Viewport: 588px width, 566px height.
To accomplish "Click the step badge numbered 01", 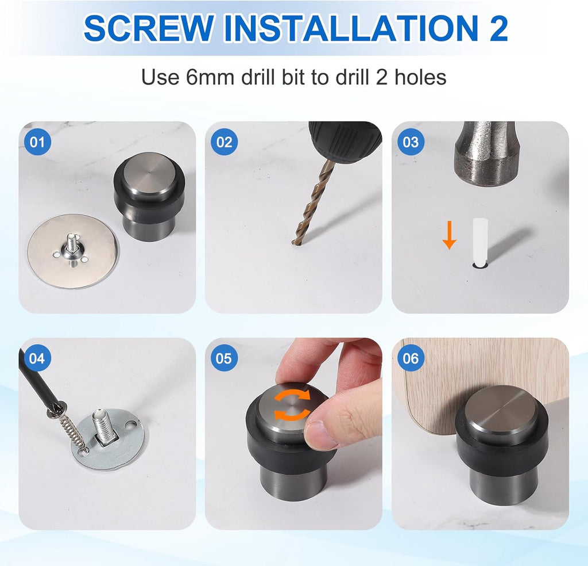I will click(x=37, y=141).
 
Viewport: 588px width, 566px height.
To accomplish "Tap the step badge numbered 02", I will click(x=225, y=141).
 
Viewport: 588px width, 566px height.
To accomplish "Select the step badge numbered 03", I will click(x=411, y=141).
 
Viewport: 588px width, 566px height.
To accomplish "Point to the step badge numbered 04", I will click(x=37, y=358).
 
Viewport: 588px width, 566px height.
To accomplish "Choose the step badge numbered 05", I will click(x=225, y=358).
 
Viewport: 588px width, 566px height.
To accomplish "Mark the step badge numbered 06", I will click(x=411, y=358).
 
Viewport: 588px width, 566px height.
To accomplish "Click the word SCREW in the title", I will click(x=148, y=28).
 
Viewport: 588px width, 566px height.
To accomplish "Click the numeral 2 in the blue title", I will click(x=497, y=28).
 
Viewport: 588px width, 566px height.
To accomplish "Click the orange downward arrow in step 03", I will click(x=449, y=236).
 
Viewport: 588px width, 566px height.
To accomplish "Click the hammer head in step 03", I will click(x=487, y=154).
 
